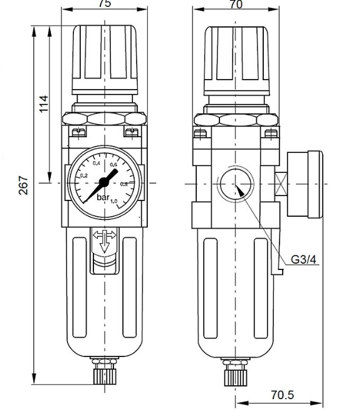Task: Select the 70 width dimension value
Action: coord(236,4)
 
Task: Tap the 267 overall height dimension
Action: coord(23,185)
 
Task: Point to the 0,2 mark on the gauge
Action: coord(85,176)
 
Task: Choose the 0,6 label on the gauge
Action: coord(113,165)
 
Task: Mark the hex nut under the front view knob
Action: coord(105,118)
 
